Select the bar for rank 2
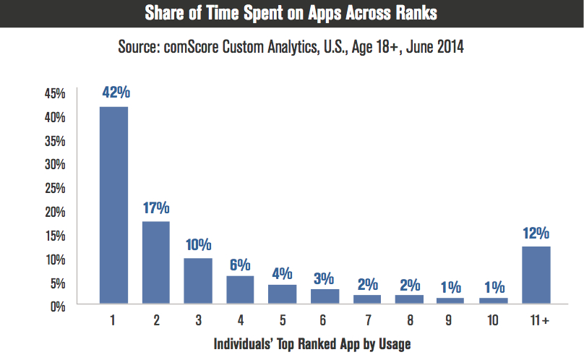click(x=156, y=262)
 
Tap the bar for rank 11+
click(x=536, y=275)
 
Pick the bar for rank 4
click(x=241, y=289)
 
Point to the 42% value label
click(x=113, y=93)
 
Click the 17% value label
click(x=156, y=208)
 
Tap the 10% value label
click(x=198, y=244)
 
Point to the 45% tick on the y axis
click(x=56, y=93)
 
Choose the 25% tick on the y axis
click(x=56, y=188)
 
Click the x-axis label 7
click(x=367, y=320)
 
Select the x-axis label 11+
click(x=536, y=320)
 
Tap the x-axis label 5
click(x=283, y=320)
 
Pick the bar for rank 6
click(x=325, y=296)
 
